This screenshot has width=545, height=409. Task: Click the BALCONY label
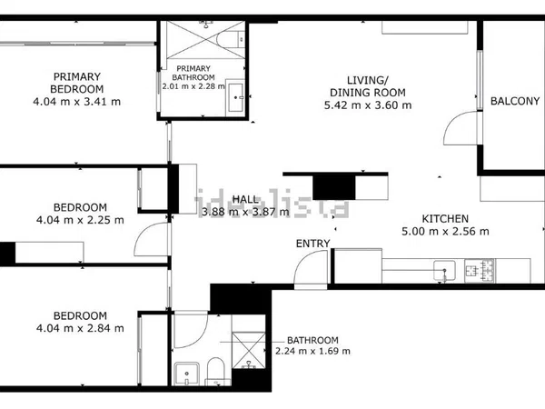(x=515, y=101)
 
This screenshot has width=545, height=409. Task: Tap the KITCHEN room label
(x=445, y=219)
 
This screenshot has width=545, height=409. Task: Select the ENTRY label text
(x=312, y=244)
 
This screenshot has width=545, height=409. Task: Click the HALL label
(x=245, y=199)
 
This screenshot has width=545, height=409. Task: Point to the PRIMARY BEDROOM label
(x=77, y=83)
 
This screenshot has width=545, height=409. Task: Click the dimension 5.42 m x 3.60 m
(x=368, y=105)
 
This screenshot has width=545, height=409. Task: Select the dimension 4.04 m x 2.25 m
(x=80, y=220)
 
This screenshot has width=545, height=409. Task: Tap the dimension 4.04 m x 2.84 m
(x=80, y=328)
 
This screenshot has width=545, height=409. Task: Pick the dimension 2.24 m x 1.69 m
(x=312, y=351)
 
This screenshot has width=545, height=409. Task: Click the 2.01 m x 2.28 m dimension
(x=193, y=86)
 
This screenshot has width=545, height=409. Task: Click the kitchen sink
(x=444, y=270)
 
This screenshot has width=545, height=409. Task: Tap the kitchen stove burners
(x=480, y=270)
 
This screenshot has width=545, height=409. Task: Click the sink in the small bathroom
(x=187, y=374)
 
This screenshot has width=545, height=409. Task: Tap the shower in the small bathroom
(x=249, y=350)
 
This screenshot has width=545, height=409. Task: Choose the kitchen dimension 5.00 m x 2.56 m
(x=445, y=231)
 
